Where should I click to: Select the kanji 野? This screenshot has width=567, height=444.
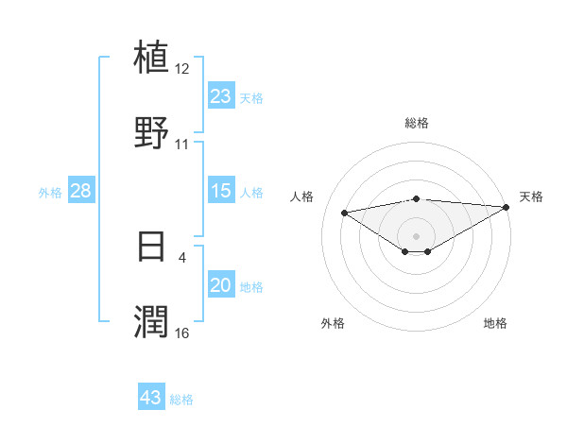(151, 133)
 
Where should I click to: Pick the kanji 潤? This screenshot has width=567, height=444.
(151, 321)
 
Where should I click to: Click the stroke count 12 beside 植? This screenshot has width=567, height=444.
(182, 69)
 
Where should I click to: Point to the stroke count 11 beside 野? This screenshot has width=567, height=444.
(182, 145)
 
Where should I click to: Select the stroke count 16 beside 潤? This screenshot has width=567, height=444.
(182, 333)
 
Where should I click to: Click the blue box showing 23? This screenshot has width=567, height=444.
(221, 95)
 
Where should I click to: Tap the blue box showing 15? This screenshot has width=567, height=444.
(221, 191)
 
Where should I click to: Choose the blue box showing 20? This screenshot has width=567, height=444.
(221, 285)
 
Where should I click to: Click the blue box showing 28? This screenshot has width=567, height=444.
(81, 191)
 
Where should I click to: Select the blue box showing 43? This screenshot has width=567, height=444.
(151, 398)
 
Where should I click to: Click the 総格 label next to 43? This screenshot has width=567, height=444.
(182, 400)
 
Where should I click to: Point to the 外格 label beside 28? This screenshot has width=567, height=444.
(50, 193)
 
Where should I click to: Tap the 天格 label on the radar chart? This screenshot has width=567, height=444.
(531, 196)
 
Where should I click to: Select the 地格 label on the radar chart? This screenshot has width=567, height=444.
(495, 323)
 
